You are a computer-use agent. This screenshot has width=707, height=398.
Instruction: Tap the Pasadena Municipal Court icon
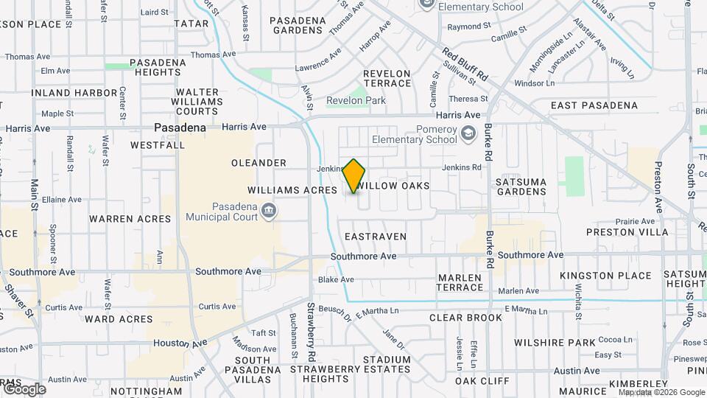[x=270, y=211]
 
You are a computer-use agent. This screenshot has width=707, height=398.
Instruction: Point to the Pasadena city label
[x=180, y=128]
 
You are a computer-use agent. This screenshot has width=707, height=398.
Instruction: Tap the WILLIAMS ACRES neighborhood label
[x=292, y=189]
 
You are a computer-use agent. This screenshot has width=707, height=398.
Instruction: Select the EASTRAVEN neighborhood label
[x=376, y=237]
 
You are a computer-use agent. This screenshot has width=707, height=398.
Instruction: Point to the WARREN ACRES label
[x=130, y=219]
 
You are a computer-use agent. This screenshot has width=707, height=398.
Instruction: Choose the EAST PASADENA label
[x=594, y=105]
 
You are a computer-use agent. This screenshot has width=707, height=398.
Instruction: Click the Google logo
[x=24, y=389]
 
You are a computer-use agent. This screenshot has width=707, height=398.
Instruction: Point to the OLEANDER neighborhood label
[x=258, y=163]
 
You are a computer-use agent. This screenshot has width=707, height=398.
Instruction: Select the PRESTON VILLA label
[x=627, y=232]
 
